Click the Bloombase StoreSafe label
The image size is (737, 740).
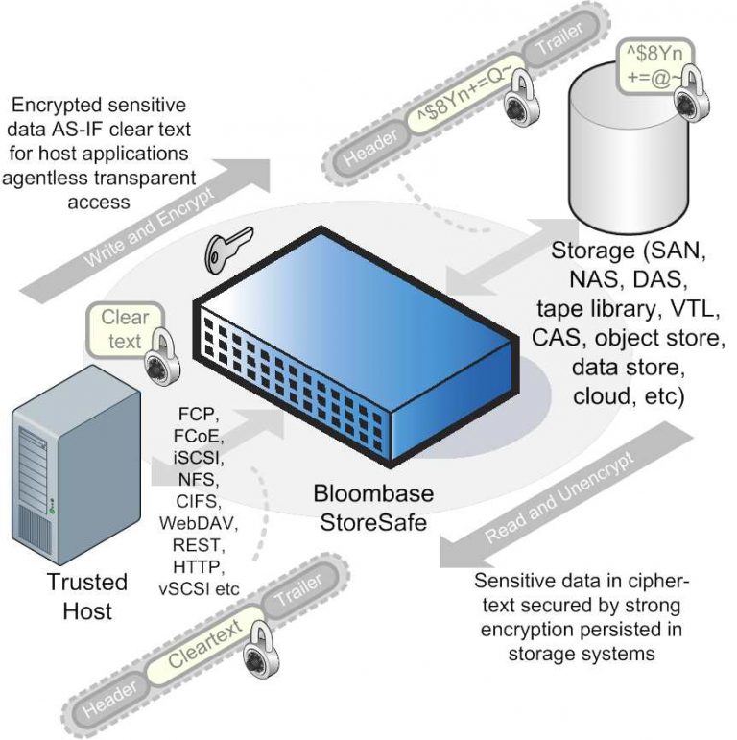click(372, 508)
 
